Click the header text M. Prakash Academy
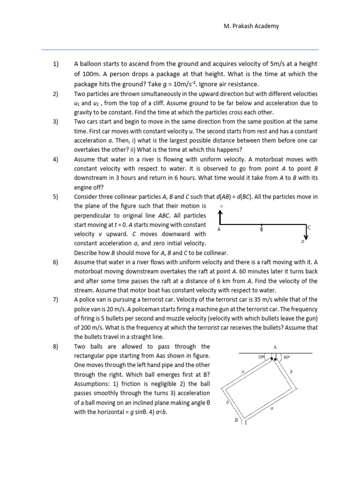coord(251,26)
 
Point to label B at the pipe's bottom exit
coord(237,420)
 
